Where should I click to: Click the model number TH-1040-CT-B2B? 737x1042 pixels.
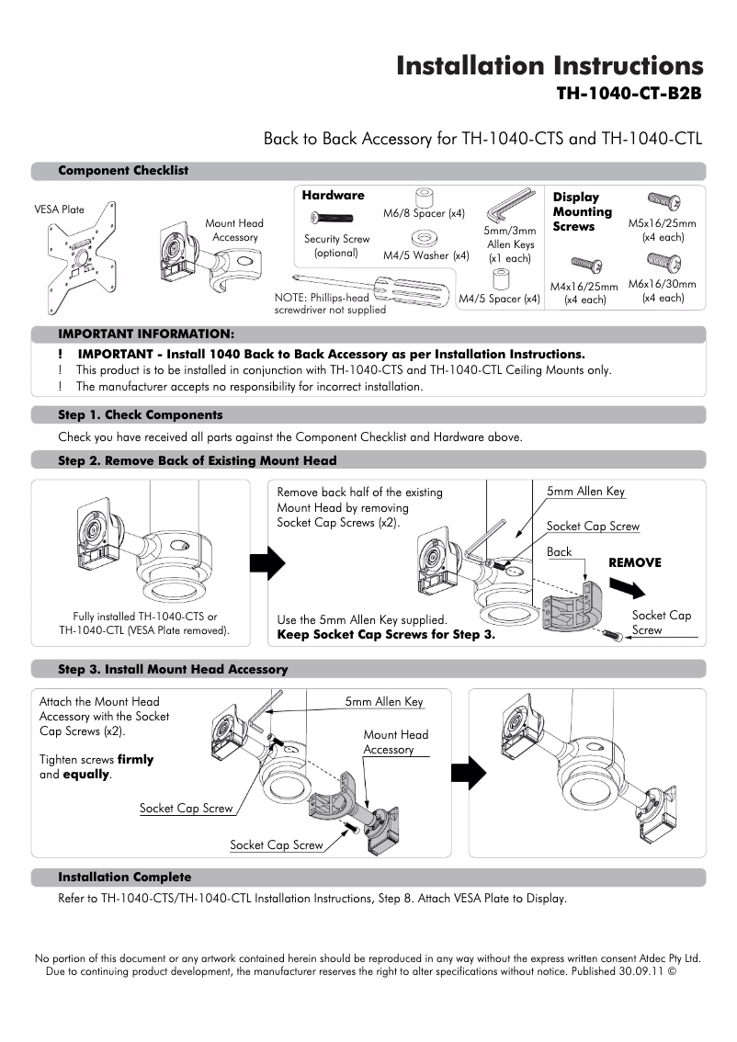pyautogui.click(x=629, y=94)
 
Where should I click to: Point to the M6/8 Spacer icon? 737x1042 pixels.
pyautogui.click(x=424, y=198)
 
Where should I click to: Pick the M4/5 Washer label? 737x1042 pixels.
pyautogui.click(x=425, y=255)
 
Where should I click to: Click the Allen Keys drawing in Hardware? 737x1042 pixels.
pyautogui.click(x=508, y=205)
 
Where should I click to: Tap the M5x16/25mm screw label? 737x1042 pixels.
pyautogui.click(x=662, y=223)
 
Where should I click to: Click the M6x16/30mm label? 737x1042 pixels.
pyautogui.click(x=662, y=284)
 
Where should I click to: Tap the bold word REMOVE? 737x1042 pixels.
pyautogui.click(x=635, y=562)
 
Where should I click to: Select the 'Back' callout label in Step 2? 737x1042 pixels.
pyautogui.click(x=559, y=552)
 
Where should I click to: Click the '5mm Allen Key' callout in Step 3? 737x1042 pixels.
pyautogui.click(x=384, y=702)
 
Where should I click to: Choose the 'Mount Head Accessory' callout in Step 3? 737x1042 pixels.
pyautogui.click(x=395, y=742)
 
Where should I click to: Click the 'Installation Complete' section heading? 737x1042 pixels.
pyautogui.click(x=125, y=877)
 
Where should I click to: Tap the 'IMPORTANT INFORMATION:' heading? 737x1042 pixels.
pyautogui.click(x=146, y=333)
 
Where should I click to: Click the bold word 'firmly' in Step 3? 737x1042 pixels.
pyautogui.click(x=135, y=760)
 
